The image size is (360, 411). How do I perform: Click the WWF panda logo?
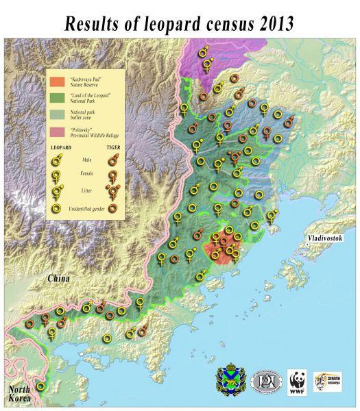(297, 382)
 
